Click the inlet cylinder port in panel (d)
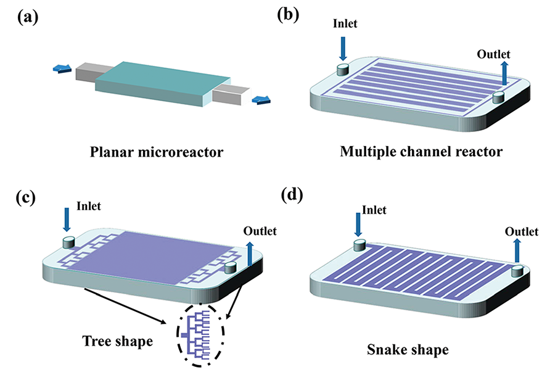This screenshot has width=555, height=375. pyautogui.click(x=360, y=245)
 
